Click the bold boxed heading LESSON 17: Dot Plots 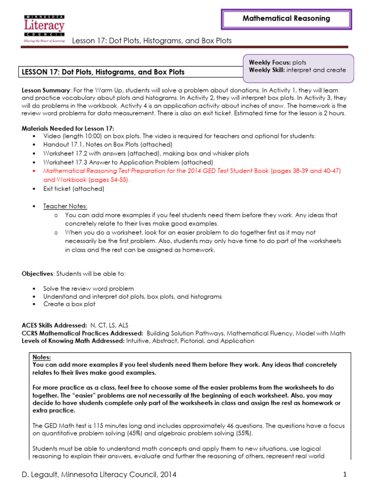pos(103,72)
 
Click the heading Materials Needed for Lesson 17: pos(68,128)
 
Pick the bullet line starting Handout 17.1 pos(108,145)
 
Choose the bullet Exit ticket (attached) pos(74,188)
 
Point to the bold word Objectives pos(38,273)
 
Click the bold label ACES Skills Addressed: pos(54,325)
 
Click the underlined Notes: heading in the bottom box pos(41,357)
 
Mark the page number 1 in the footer pos(345,475)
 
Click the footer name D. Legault pos(42,475)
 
